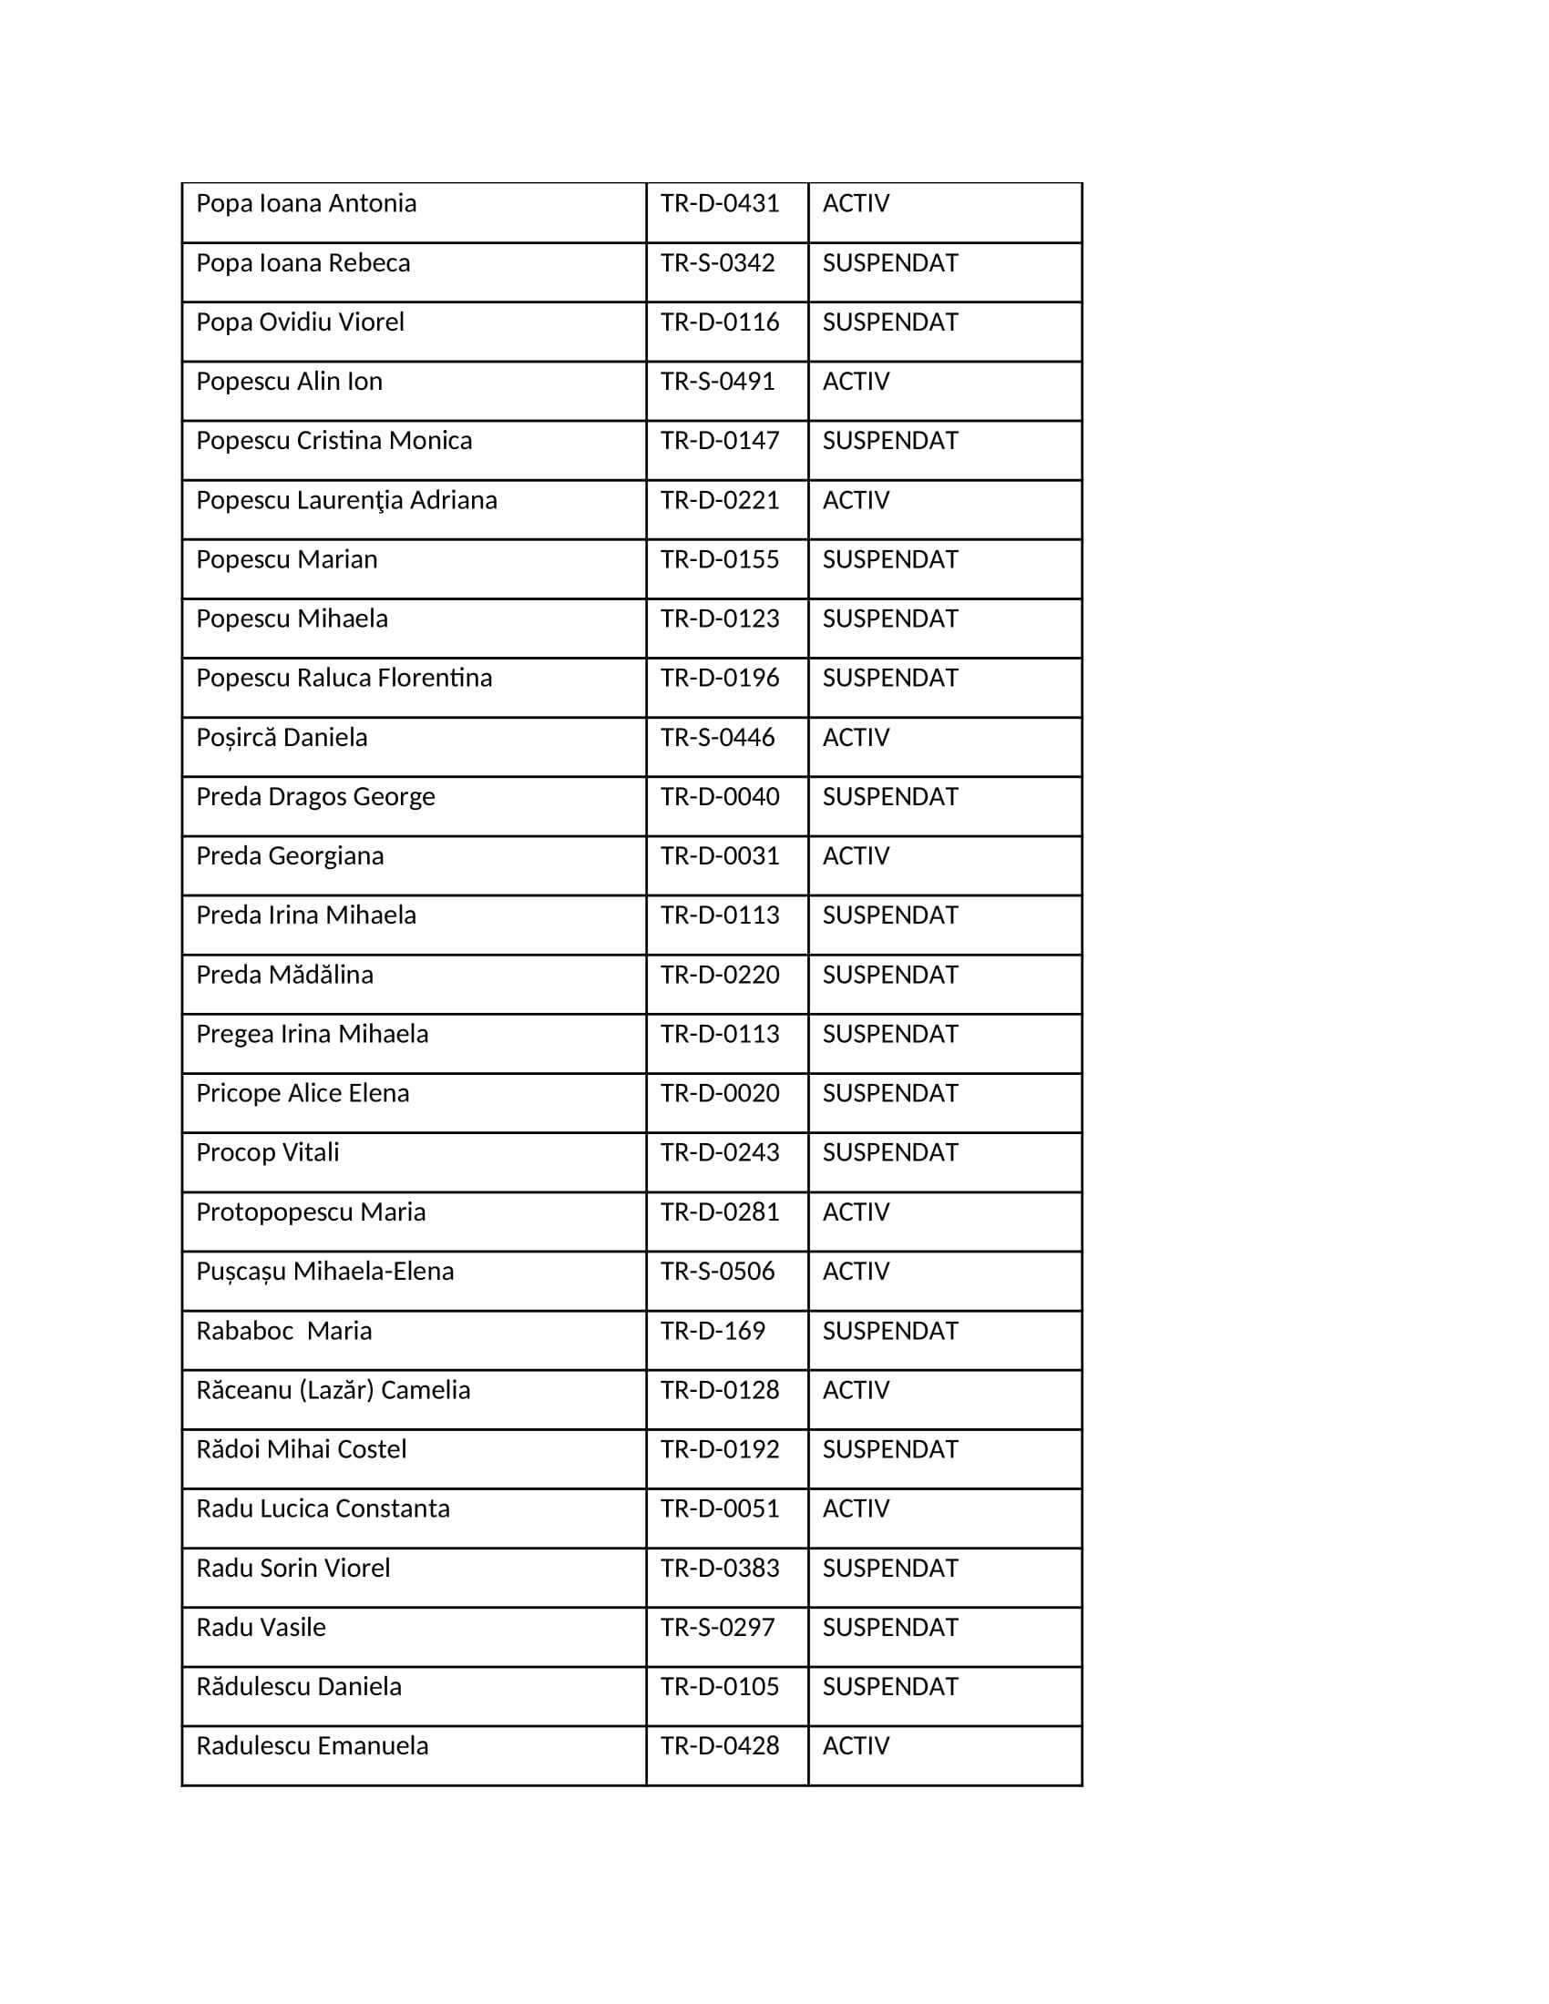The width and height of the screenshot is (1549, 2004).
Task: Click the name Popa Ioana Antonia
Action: coord(305,203)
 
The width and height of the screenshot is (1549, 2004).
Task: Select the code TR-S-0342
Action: coord(718,262)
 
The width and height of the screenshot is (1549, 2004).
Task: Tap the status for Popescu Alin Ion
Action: coord(856,381)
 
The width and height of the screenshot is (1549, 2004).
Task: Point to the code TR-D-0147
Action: coord(720,441)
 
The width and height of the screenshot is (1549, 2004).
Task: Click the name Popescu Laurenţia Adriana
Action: coord(346,500)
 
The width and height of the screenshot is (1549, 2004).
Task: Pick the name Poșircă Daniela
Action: coord(281,738)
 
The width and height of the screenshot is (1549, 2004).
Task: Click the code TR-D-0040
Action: coord(720,796)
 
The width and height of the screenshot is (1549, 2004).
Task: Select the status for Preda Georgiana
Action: coord(856,856)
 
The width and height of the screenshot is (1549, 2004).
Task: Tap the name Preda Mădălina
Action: coord(284,975)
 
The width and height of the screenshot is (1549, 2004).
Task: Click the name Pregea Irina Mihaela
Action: coord(312,1034)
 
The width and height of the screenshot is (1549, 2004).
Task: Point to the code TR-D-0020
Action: coord(720,1093)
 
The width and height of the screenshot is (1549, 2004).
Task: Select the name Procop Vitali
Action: coord(267,1152)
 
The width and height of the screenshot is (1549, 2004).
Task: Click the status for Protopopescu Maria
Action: coord(856,1212)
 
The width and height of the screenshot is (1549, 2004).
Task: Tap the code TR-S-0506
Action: coord(718,1271)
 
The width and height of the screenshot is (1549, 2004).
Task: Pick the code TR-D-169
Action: coord(713,1331)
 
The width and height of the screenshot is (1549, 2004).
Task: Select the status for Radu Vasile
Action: coord(889,1627)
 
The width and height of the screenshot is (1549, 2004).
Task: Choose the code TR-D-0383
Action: coord(720,1569)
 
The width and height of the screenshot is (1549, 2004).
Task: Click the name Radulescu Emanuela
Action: coord(312,1746)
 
